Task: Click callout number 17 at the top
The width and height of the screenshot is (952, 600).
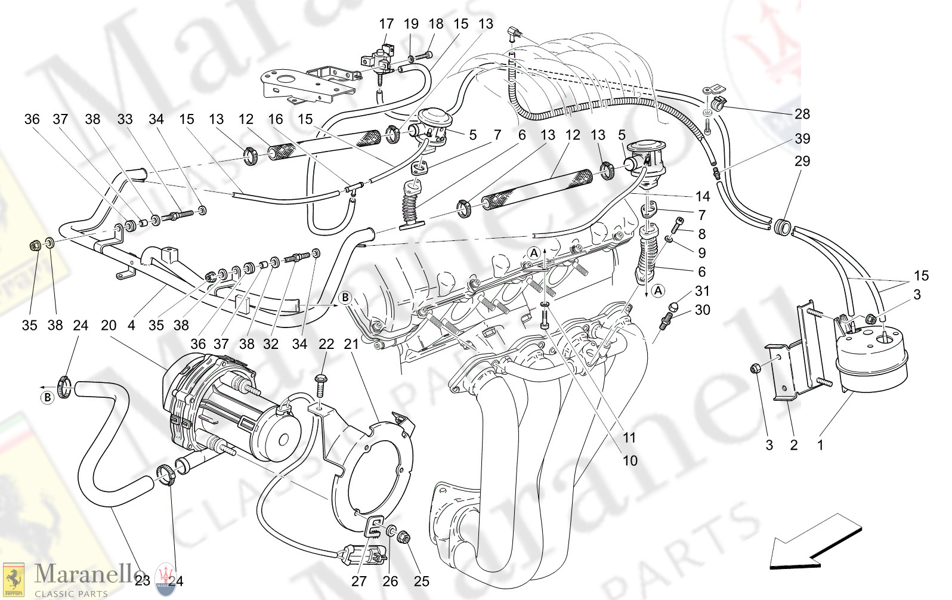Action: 386,24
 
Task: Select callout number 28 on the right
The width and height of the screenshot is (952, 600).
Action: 802,114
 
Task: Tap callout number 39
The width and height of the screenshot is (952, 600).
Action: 802,138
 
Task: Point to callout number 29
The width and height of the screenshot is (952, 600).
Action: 802,161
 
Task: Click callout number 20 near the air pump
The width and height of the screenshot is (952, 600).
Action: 109,326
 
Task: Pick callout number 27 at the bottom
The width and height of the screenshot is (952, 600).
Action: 358,581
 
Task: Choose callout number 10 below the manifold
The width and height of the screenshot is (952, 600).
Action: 630,460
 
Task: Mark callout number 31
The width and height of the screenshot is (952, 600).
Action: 702,291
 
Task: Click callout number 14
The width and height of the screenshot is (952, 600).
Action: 702,196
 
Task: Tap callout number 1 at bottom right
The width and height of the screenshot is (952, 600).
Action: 820,445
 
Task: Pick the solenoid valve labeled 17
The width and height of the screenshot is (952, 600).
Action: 378,58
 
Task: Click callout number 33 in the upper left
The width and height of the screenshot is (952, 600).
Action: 125,119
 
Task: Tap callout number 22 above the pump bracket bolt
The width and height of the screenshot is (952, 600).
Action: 326,344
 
